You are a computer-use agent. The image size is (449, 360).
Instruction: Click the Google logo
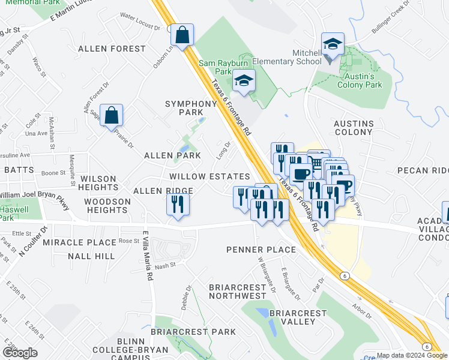coord(19,352)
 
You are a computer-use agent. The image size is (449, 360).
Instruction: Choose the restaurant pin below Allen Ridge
coord(178,205)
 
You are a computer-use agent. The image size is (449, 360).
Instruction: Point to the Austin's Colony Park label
coord(363,80)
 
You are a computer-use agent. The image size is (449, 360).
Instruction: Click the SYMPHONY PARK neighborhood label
coord(190,108)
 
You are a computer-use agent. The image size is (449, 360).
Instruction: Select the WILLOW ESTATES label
coord(209,177)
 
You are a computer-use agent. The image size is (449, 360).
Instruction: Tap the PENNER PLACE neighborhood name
coord(261,250)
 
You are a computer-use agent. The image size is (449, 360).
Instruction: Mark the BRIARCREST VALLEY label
coord(292,317)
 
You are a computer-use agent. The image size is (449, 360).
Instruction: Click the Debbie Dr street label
coord(190,297)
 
